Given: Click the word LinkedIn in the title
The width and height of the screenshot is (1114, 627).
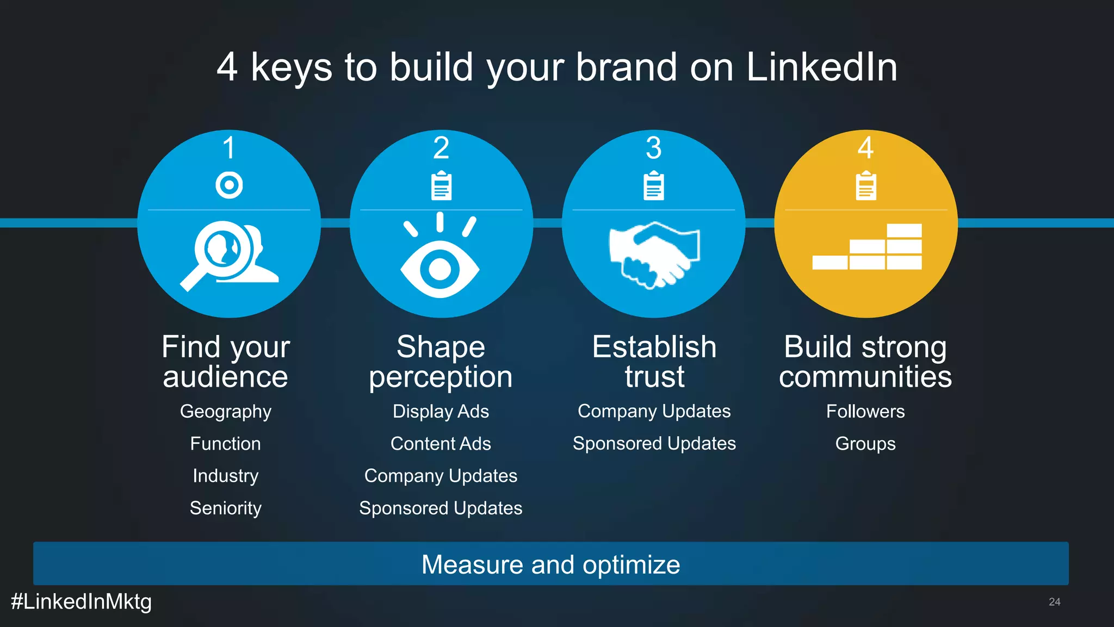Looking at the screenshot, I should click(x=821, y=67).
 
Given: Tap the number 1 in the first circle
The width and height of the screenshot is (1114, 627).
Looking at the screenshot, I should click(x=229, y=148).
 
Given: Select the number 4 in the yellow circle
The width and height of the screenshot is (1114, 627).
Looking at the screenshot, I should click(x=865, y=148).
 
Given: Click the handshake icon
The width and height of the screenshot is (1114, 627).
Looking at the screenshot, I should click(x=654, y=254).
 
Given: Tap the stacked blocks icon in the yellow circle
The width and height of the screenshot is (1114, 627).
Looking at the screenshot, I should click(x=867, y=247).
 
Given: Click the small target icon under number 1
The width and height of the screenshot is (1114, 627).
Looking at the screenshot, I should click(x=229, y=185).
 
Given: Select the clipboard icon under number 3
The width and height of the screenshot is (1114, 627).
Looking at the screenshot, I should click(x=653, y=185).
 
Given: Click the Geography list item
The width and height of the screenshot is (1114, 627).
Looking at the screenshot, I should click(x=226, y=412).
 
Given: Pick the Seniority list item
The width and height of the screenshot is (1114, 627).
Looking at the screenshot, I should click(x=226, y=508).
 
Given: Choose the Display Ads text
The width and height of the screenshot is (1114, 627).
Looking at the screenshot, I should click(x=441, y=412).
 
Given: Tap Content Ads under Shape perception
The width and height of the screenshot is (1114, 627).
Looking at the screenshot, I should click(x=441, y=444).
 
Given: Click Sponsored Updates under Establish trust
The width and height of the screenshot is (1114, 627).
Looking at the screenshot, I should click(x=654, y=444).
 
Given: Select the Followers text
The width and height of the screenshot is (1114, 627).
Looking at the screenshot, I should click(x=865, y=412).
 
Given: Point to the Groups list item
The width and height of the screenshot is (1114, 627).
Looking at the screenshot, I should click(x=865, y=444).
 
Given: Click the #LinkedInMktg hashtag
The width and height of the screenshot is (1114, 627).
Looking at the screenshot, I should click(x=82, y=602).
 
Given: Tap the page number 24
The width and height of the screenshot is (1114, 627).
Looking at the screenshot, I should click(x=1054, y=602).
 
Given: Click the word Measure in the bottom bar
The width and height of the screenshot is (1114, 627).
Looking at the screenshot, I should click(x=471, y=564).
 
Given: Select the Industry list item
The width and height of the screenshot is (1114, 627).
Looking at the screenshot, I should click(x=226, y=476).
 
